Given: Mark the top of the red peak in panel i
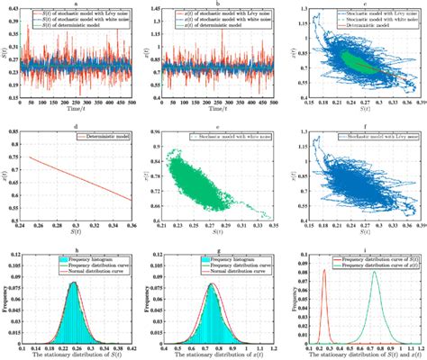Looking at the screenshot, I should [x=324, y=269].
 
